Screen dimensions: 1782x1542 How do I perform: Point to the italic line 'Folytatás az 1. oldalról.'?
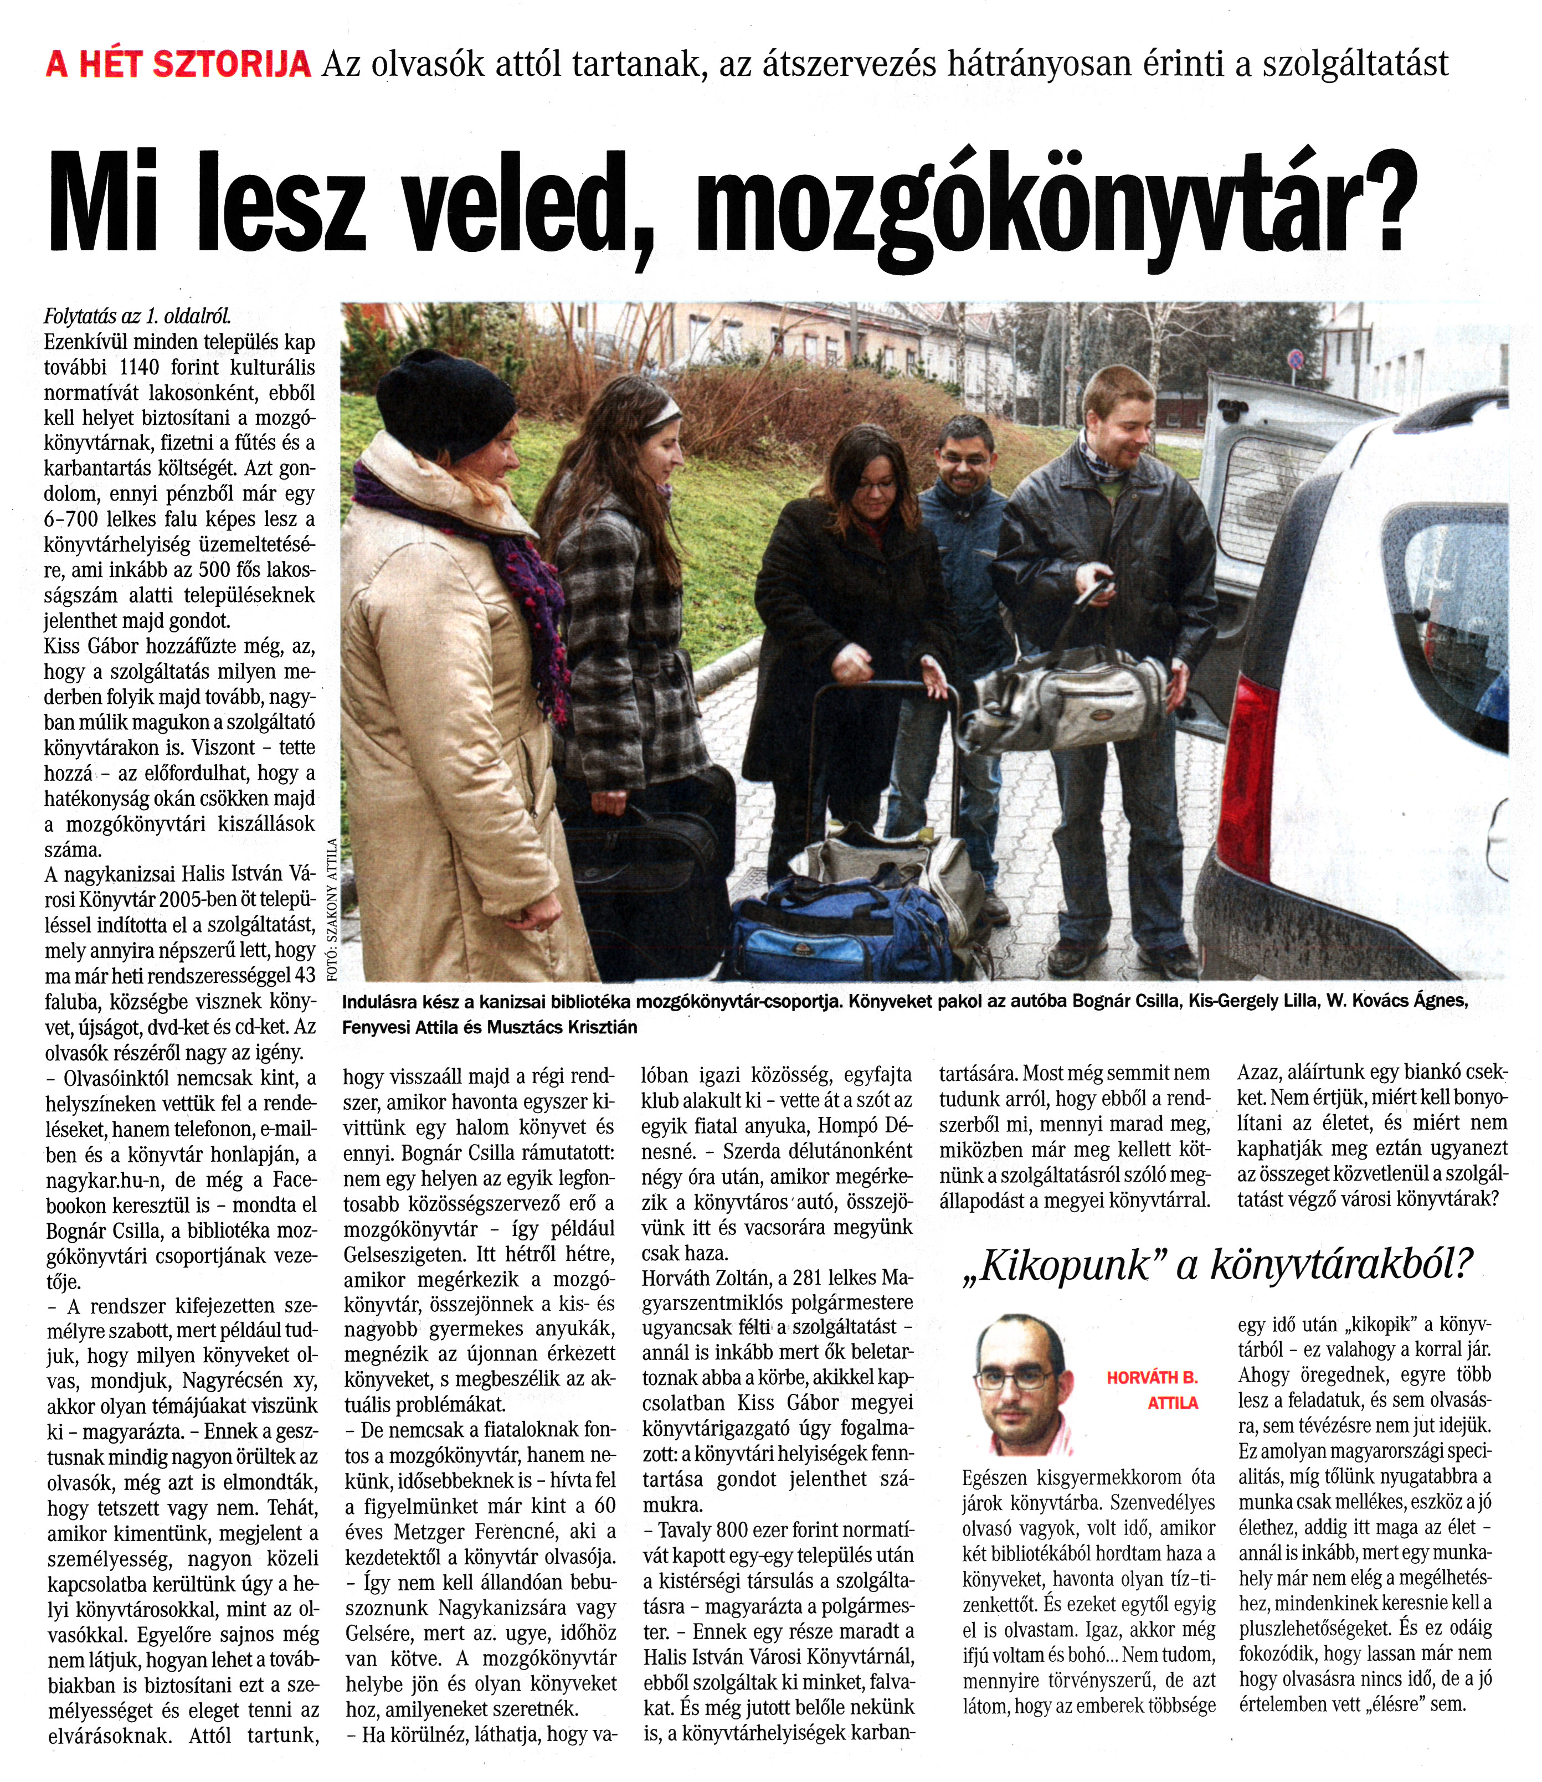pos(138,316)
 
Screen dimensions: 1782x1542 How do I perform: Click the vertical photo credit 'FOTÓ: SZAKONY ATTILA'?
pos(331,912)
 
